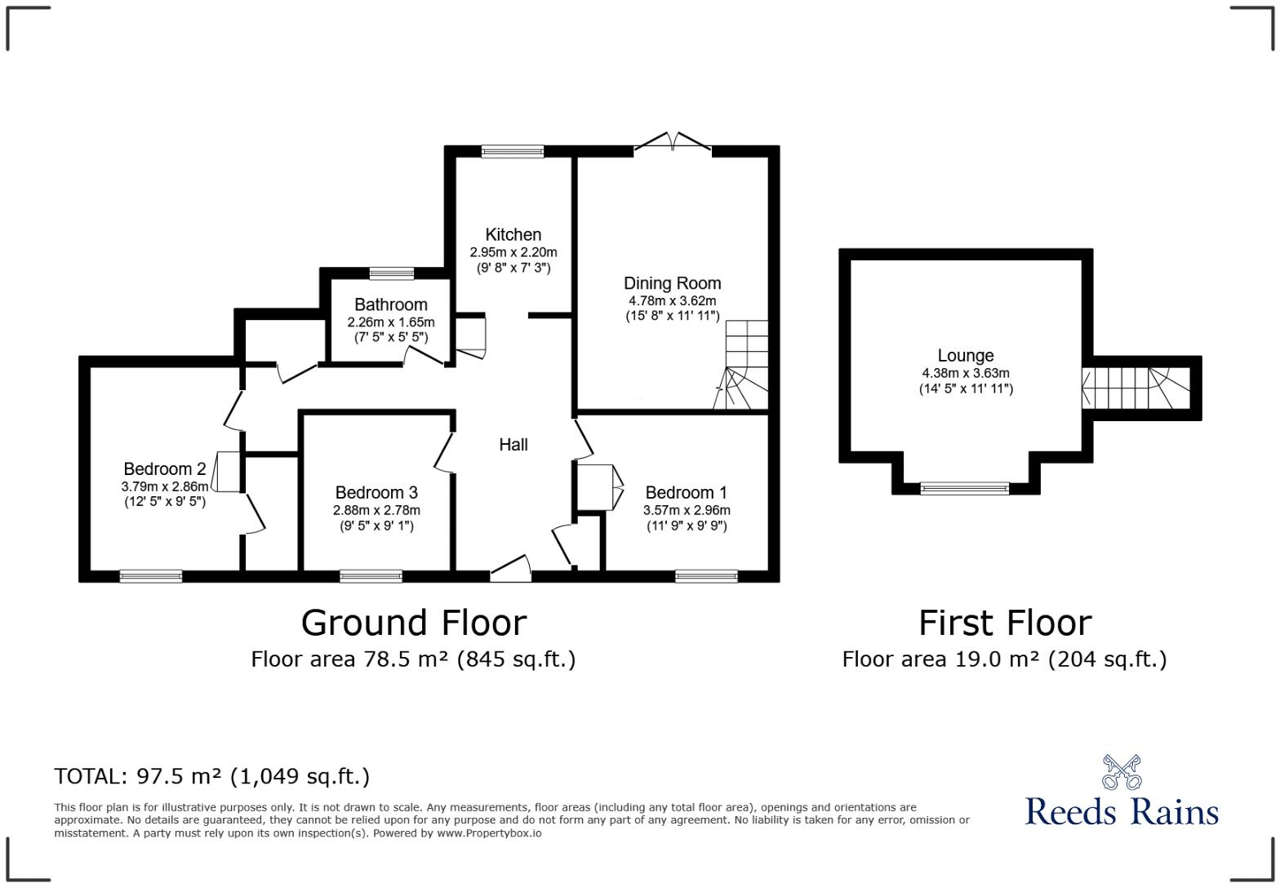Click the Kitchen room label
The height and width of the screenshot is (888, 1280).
[513, 235]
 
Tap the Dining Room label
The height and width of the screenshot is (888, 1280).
[672, 283]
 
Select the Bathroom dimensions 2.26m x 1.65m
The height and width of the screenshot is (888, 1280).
[390, 322]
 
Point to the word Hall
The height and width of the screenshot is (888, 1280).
[513, 445]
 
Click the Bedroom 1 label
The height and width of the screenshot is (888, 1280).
[686, 493]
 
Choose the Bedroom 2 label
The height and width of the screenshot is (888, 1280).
[164, 469]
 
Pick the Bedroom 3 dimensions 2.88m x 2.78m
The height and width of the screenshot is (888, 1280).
[376, 510]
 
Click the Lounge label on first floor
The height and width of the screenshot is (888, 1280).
[965, 356]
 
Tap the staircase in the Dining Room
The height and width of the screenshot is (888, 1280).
[744, 366]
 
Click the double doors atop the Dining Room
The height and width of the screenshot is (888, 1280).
[672, 143]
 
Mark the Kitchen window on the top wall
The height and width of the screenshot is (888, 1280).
[512, 151]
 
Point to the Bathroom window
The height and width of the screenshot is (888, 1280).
[391, 273]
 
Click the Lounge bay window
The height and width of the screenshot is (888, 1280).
[964, 488]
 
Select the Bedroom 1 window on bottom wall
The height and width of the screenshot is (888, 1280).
[705, 576]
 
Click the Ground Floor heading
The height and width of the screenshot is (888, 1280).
[413, 623]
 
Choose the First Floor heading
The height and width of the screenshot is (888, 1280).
[1004, 623]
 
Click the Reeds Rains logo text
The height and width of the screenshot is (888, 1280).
[1121, 811]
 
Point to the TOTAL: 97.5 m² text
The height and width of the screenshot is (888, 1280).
[211, 776]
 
